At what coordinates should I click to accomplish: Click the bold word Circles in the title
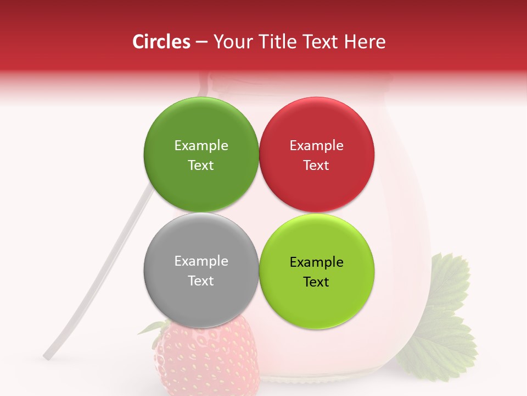tap(161, 42)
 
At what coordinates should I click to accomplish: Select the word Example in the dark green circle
tap(201, 145)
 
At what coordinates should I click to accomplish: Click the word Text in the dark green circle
tap(201, 165)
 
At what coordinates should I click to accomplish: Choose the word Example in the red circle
tap(316, 145)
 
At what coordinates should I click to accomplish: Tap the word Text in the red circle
tap(316, 165)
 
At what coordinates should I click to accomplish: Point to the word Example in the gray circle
tap(201, 261)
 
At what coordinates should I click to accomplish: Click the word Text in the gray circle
tap(201, 280)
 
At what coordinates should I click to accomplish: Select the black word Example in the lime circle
tap(316, 262)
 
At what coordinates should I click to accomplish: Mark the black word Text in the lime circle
tap(316, 282)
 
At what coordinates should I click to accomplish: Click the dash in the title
tap(201, 42)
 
